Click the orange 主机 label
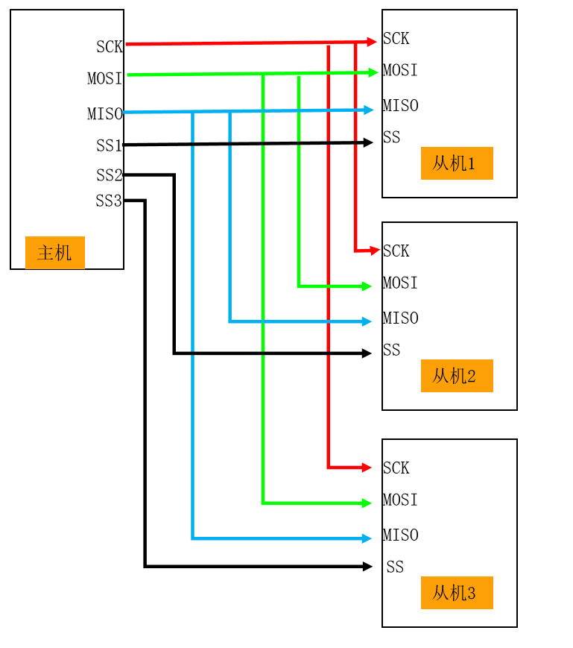54,253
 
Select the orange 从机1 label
456,163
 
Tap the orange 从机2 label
456,376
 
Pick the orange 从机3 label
456,593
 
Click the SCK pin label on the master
109,47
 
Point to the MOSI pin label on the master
104,78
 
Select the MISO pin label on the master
104,114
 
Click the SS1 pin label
109,145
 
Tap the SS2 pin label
109,175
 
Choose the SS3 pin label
109,201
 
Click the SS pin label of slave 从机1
391,137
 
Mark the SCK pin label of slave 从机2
396,251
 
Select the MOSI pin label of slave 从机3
400,500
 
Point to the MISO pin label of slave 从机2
400,318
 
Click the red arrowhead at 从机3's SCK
367,468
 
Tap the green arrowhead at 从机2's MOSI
367,286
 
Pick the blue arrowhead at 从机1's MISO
368,110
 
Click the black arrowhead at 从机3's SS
367,567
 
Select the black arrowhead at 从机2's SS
367,353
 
